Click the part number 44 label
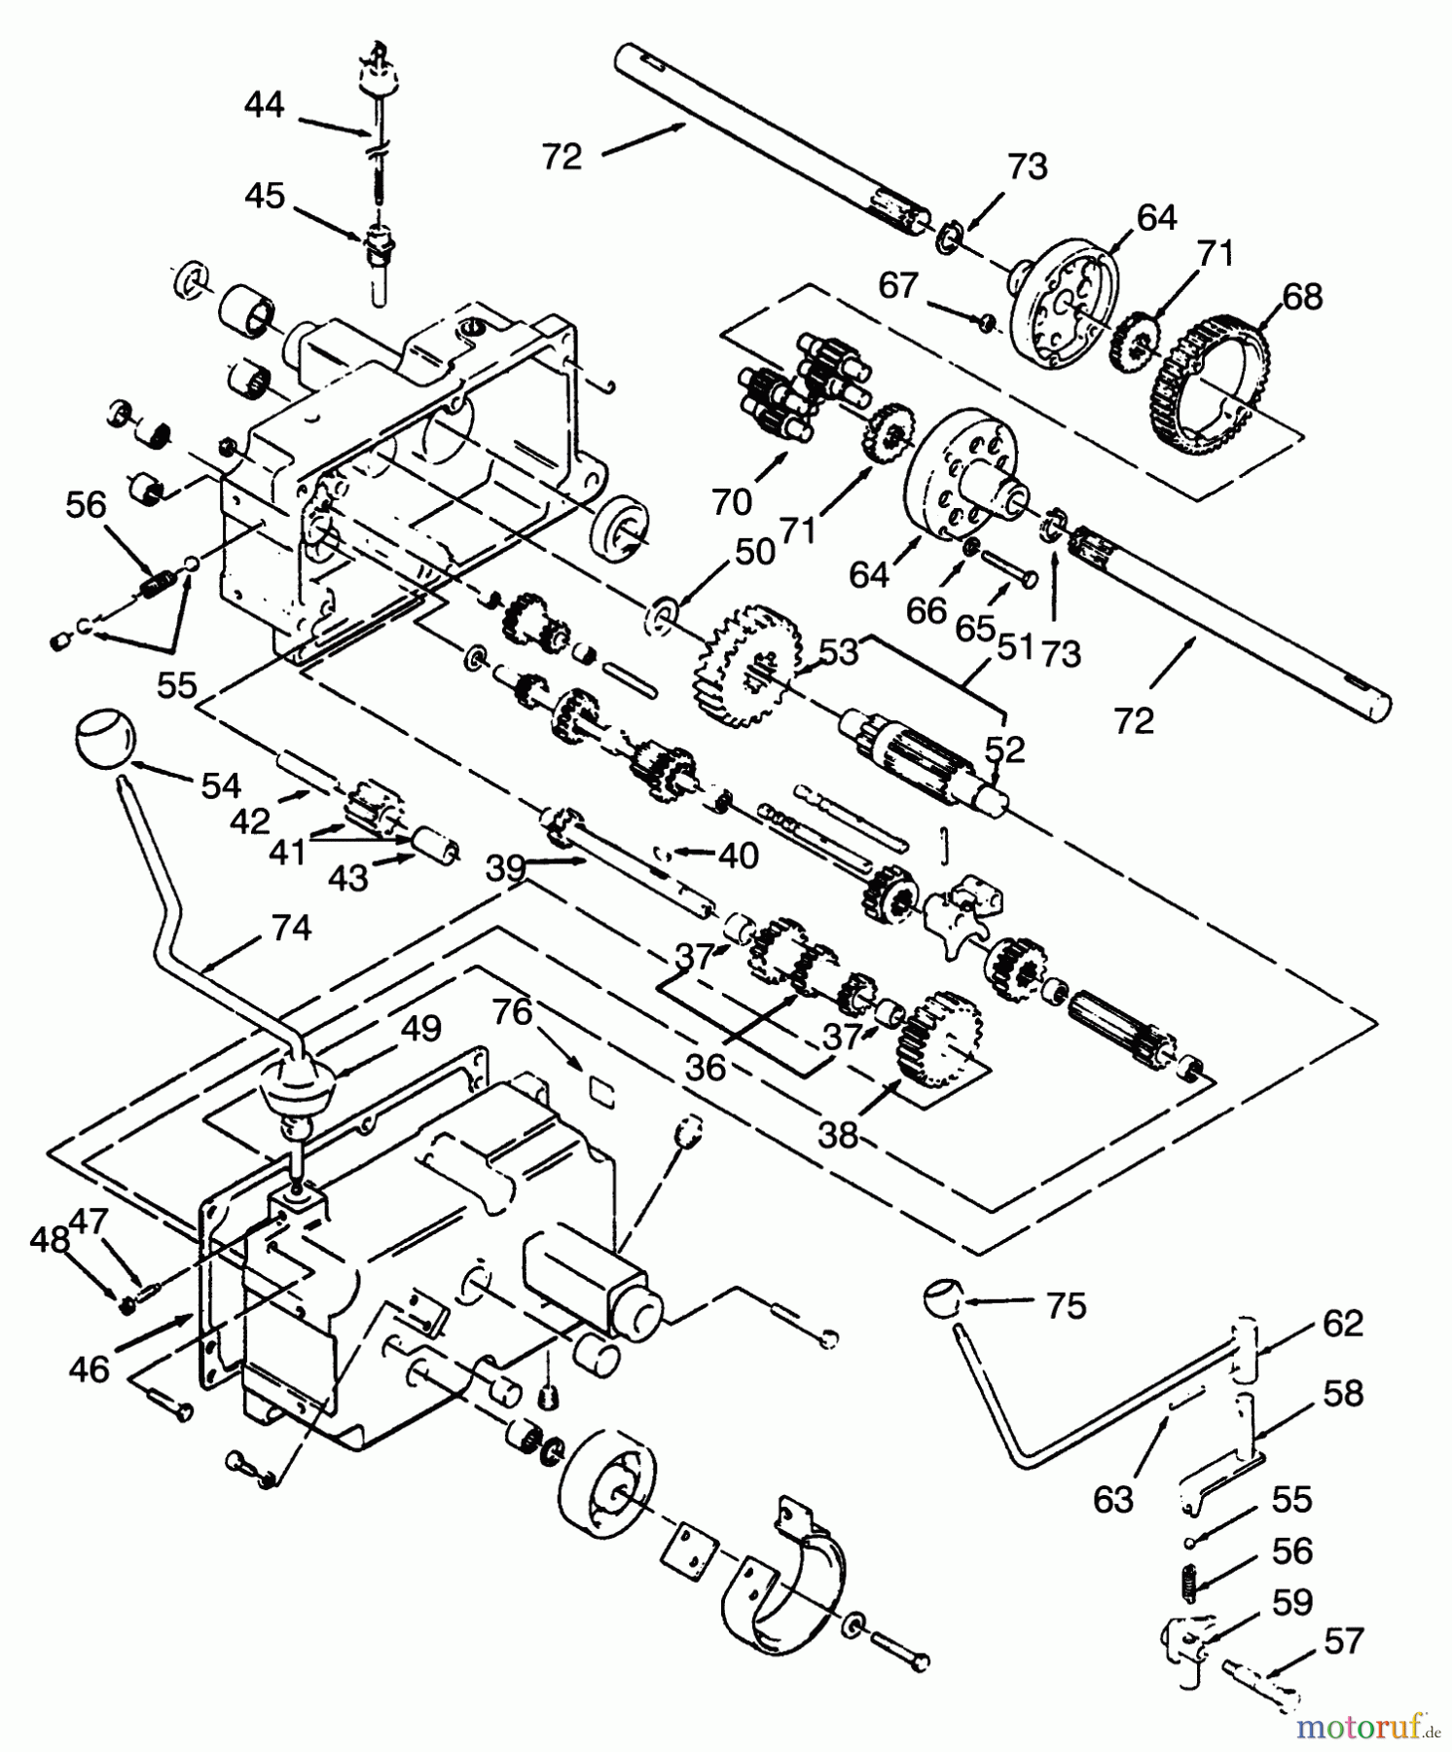264,103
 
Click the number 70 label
731,502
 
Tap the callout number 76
512,1012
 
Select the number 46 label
89,1369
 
